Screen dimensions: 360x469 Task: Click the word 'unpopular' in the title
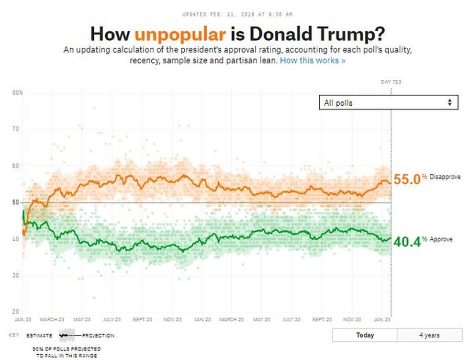(180, 34)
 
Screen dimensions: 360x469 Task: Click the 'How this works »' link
(312, 61)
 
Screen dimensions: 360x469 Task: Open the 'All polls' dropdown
(388, 102)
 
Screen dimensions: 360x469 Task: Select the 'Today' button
(365, 335)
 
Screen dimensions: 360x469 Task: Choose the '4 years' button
(429, 335)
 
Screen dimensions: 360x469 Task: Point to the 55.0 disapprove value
(407, 180)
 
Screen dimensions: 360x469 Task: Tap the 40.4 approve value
(407, 242)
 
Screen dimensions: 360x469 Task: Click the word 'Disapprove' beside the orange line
(445, 177)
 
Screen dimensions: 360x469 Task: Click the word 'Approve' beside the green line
(441, 239)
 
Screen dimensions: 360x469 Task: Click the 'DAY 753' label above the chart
(391, 82)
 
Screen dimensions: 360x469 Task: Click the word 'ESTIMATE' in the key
(39, 336)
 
